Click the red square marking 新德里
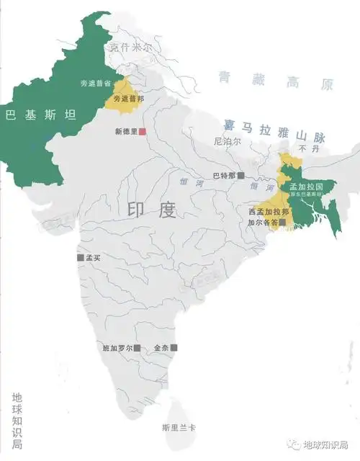pyautogui.click(x=143, y=131)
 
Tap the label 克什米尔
pyautogui.click(x=131, y=48)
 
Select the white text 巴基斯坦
pyautogui.click(x=41, y=115)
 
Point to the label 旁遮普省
pyautogui.click(x=96, y=84)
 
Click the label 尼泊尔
pyautogui.click(x=228, y=143)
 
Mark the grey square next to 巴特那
pyautogui.click(x=241, y=175)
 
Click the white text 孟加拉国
pyautogui.click(x=305, y=187)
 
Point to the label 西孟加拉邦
pyautogui.click(x=269, y=212)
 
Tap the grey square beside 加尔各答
pyautogui.click(x=283, y=223)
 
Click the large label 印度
pyautogui.click(x=152, y=210)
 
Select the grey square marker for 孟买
pyautogui.click(x=80, y=257)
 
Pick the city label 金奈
pyautogui.click(x=161, y=348)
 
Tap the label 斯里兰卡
pyautogui.click(x=179, y=427)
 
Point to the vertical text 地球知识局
pyautogui.click(x=17, y=421)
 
